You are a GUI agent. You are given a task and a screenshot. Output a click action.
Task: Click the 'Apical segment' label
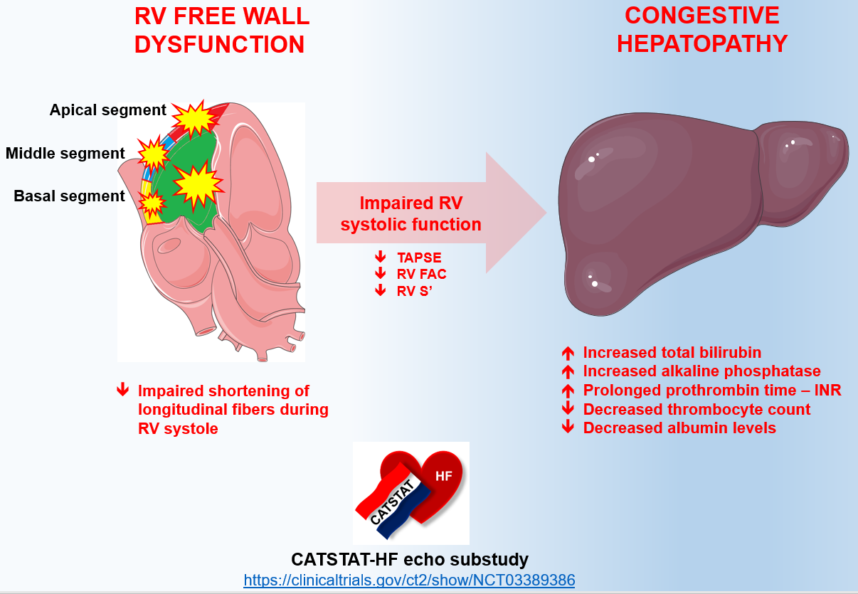pos(107,110)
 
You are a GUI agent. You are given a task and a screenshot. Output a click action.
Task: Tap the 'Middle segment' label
pos(65,153)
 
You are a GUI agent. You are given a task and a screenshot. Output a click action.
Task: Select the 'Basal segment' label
pos(69,196)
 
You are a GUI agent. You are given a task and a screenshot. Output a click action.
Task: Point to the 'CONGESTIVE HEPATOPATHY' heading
pos(701,30)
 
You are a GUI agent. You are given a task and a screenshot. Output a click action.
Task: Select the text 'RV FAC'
pos(422,273)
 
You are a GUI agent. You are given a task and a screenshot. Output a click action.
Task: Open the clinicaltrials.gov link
pos(409,580)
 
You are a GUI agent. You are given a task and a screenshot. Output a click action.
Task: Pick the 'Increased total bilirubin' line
pos(672,352)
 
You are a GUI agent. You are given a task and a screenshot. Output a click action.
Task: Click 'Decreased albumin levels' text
pos(679,428)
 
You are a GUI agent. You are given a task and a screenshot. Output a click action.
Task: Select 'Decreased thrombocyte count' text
pos(697,409)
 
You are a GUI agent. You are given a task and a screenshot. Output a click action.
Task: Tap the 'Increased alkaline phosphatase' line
pos(701,371)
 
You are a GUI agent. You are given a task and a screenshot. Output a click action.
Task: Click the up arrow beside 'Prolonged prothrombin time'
pos(568,390)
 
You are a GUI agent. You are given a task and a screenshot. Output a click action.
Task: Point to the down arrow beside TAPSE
pos(381,256)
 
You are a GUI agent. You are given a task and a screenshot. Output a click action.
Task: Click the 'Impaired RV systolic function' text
pos(411,213)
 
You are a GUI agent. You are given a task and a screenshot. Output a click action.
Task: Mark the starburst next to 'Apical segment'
pos(193,117)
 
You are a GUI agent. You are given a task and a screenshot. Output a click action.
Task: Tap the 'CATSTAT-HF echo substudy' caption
pos(410,558)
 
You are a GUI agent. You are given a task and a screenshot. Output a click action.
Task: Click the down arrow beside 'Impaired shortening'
pos(123,390)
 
